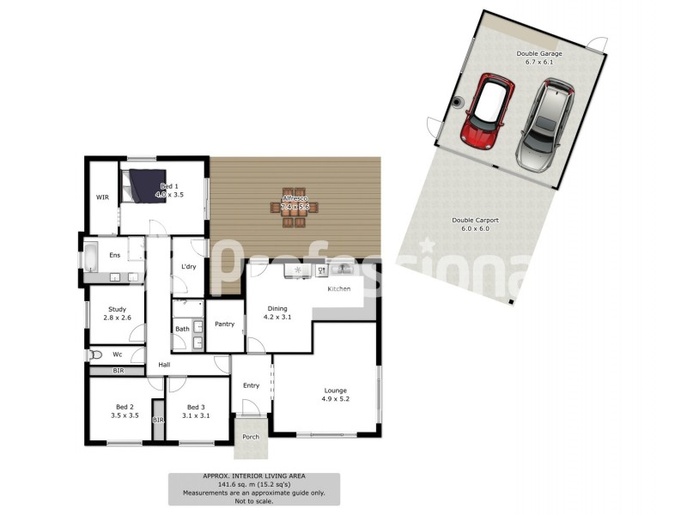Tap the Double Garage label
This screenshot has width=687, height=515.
(539, 53)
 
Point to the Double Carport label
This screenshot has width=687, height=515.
(476, 220)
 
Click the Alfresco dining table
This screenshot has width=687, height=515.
(295, 206)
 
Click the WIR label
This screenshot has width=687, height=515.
(102, 197)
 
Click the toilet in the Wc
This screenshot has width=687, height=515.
(96, 353)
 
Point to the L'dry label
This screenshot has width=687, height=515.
(189, 267)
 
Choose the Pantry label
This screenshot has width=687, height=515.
(225, 324)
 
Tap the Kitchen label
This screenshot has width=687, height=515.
(338, 288)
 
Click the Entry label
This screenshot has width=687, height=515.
(251, 385)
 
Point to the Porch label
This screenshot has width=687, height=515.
(250, 437)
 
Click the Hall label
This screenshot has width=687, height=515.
(163, 365)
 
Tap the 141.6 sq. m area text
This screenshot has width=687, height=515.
(253, 485)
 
